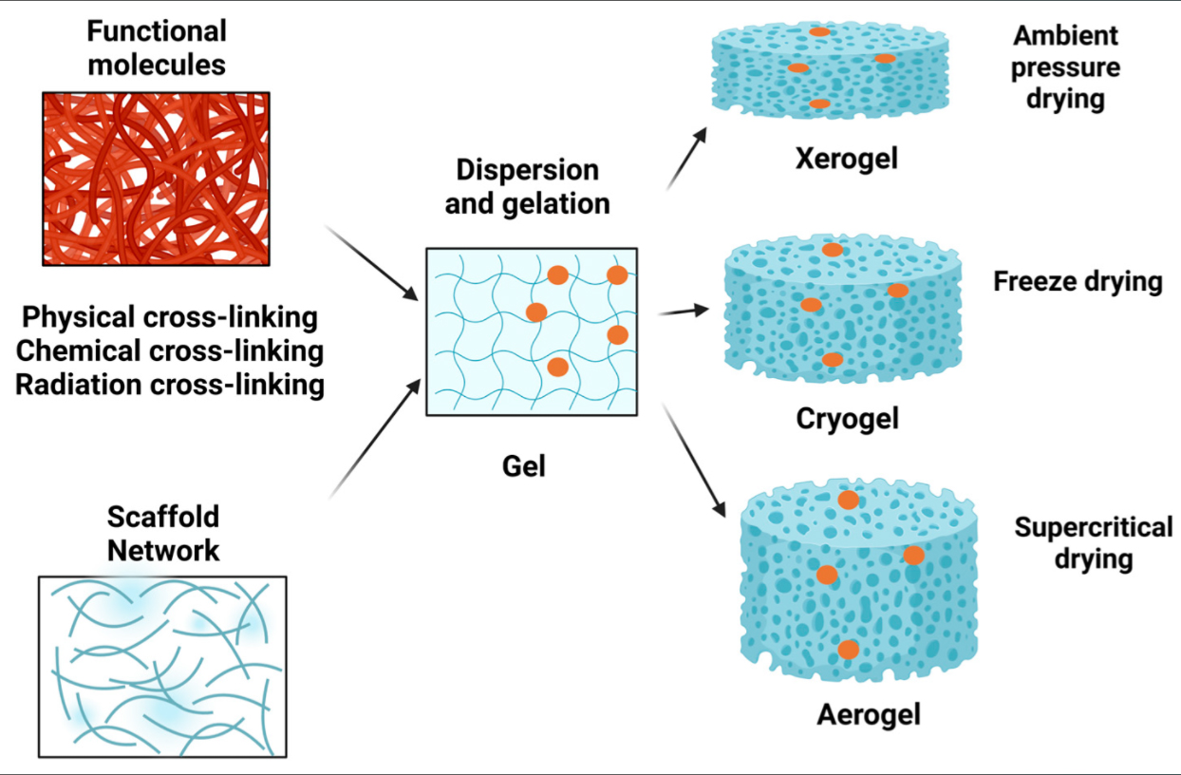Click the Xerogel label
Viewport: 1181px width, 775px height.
coord(846,158)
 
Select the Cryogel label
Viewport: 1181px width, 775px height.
coord(847,418)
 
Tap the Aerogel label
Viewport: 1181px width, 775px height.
coord(868,713)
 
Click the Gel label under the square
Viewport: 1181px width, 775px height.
coord(524,466)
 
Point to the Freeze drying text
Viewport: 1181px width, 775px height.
coord(1078,281)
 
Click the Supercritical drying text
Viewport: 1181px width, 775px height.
coord(1093,541)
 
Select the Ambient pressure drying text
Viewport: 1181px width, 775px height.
coord(1065,66)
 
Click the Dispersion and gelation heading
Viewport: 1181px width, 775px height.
coord(527,186)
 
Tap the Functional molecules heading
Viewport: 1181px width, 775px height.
coord(157,47)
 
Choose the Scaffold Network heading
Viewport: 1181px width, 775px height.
coord(162,533)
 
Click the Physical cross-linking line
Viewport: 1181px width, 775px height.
coord(170,316)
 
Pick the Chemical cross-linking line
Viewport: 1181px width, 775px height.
coord(170,350)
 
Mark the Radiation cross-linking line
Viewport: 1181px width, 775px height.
coord(170,385)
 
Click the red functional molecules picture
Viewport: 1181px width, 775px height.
coord(156,179)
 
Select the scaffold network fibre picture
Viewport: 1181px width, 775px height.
coord(161,666)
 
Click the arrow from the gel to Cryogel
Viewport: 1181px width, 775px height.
coord(684,311)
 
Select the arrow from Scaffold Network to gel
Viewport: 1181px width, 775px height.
coord(374,438)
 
